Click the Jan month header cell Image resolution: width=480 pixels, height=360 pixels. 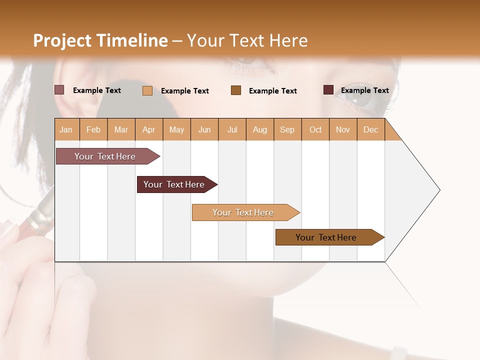66,129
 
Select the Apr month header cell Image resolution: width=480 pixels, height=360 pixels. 149,129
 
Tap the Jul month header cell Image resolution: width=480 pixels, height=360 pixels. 232,129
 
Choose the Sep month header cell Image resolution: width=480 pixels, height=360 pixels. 287,129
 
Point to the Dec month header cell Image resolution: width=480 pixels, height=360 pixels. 370,129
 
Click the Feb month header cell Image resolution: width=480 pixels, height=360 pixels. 93,129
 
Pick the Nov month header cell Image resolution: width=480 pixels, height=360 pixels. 343,129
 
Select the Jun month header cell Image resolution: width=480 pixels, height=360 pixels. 204,129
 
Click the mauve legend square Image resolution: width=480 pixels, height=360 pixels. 59,90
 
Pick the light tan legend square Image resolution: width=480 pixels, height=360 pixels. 147,90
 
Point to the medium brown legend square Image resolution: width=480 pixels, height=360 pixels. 236,90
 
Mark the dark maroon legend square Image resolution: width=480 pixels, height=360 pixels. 328,90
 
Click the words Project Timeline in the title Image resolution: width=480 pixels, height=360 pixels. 100,40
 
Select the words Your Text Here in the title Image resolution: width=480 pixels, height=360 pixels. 247,40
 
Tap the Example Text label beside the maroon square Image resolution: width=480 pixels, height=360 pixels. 364,90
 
